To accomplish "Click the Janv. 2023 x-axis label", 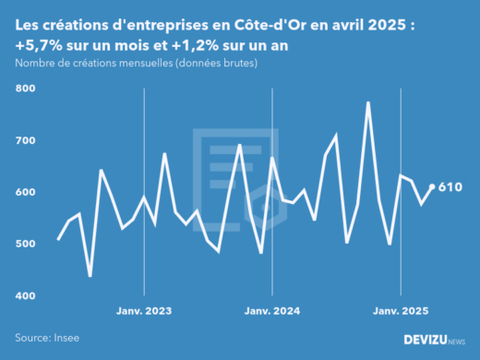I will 144,311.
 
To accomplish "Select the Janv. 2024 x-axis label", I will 272,311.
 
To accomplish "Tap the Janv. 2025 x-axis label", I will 400,311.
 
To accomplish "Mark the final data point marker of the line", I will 433,186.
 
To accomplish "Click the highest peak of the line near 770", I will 368,103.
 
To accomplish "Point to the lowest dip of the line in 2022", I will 90,275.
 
